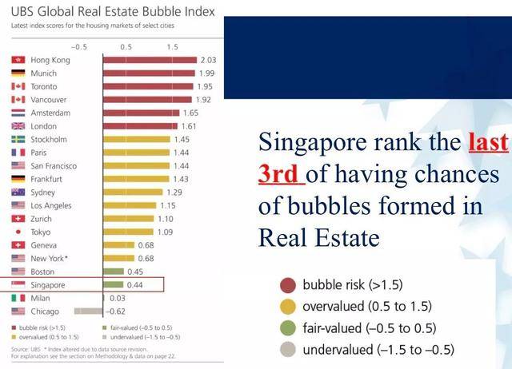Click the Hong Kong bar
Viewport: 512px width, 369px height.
[150, 60]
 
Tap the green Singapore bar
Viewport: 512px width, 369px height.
[113, 284]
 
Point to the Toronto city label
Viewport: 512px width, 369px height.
[45, 86]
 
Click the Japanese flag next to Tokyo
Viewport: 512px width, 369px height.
[18, 232]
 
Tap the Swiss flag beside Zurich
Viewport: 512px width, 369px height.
[18, 218]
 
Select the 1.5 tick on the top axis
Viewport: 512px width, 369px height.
[172, 48]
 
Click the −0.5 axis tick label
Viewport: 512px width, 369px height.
[78, 48]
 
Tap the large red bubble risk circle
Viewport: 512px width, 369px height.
[289, 285]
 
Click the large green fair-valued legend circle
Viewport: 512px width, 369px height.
[289, 327]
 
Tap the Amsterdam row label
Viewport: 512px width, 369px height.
[51, 113]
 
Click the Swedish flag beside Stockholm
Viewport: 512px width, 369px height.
[18, 139]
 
